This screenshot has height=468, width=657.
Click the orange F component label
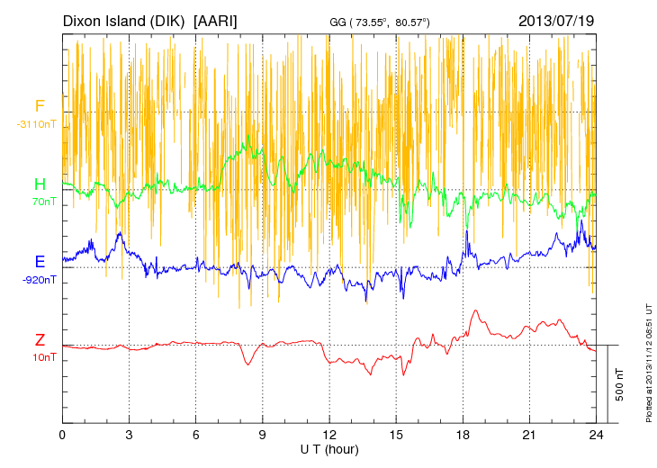tap(40, 106)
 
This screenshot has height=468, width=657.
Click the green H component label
tap(40, 184)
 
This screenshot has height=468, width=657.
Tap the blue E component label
tap(40, 262)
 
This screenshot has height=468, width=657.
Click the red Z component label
tap(40, 340)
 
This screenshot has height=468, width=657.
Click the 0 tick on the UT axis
tap(62, 435)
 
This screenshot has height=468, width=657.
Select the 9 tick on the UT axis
tap(263, 435)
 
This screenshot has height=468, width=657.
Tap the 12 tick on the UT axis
tap(329, 435)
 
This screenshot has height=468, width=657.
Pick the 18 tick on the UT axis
tap(463, 435)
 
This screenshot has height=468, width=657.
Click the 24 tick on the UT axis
tap(596, 435)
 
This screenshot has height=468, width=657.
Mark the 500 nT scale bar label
tap(619, 384)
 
